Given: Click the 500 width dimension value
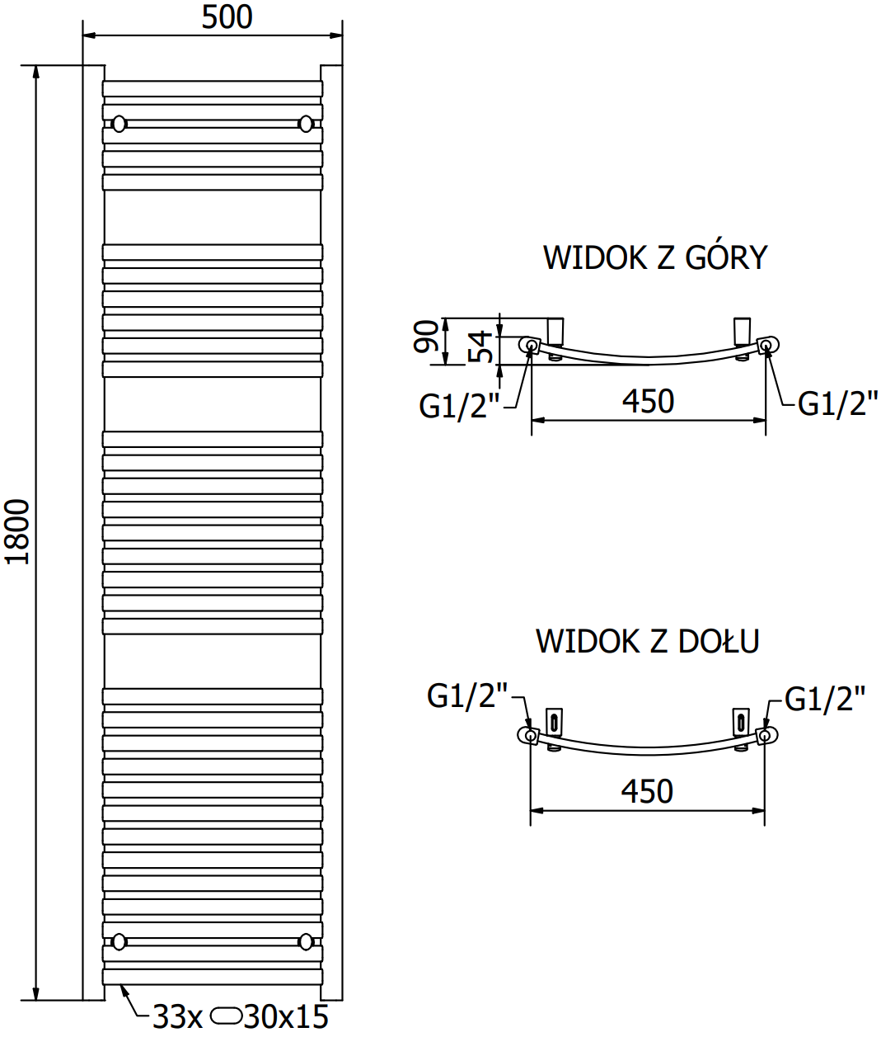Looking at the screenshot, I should coord(227,17).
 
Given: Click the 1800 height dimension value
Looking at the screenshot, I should coord(17,531).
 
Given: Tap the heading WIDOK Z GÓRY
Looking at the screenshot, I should coord(654,258).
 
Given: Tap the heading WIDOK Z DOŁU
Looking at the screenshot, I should coord(647,641).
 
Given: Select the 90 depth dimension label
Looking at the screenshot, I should coord(427,337).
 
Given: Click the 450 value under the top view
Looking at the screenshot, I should coord(648,402).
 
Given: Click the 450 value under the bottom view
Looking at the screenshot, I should coord(647,792).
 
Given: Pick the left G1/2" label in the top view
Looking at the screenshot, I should coord(459,406).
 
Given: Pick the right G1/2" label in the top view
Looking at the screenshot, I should coord(837,403).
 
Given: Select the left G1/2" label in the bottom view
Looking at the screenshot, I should coord(466,696).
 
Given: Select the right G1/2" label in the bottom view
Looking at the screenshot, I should coord(824,699).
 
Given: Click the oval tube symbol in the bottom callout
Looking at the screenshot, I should coord(226,1016).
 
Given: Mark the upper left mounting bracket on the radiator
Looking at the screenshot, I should coord(119,124).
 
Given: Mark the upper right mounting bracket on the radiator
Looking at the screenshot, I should coord(307,124).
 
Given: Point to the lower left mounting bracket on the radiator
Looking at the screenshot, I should coord(119,941).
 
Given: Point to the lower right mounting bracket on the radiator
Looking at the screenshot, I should coord(307,941).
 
